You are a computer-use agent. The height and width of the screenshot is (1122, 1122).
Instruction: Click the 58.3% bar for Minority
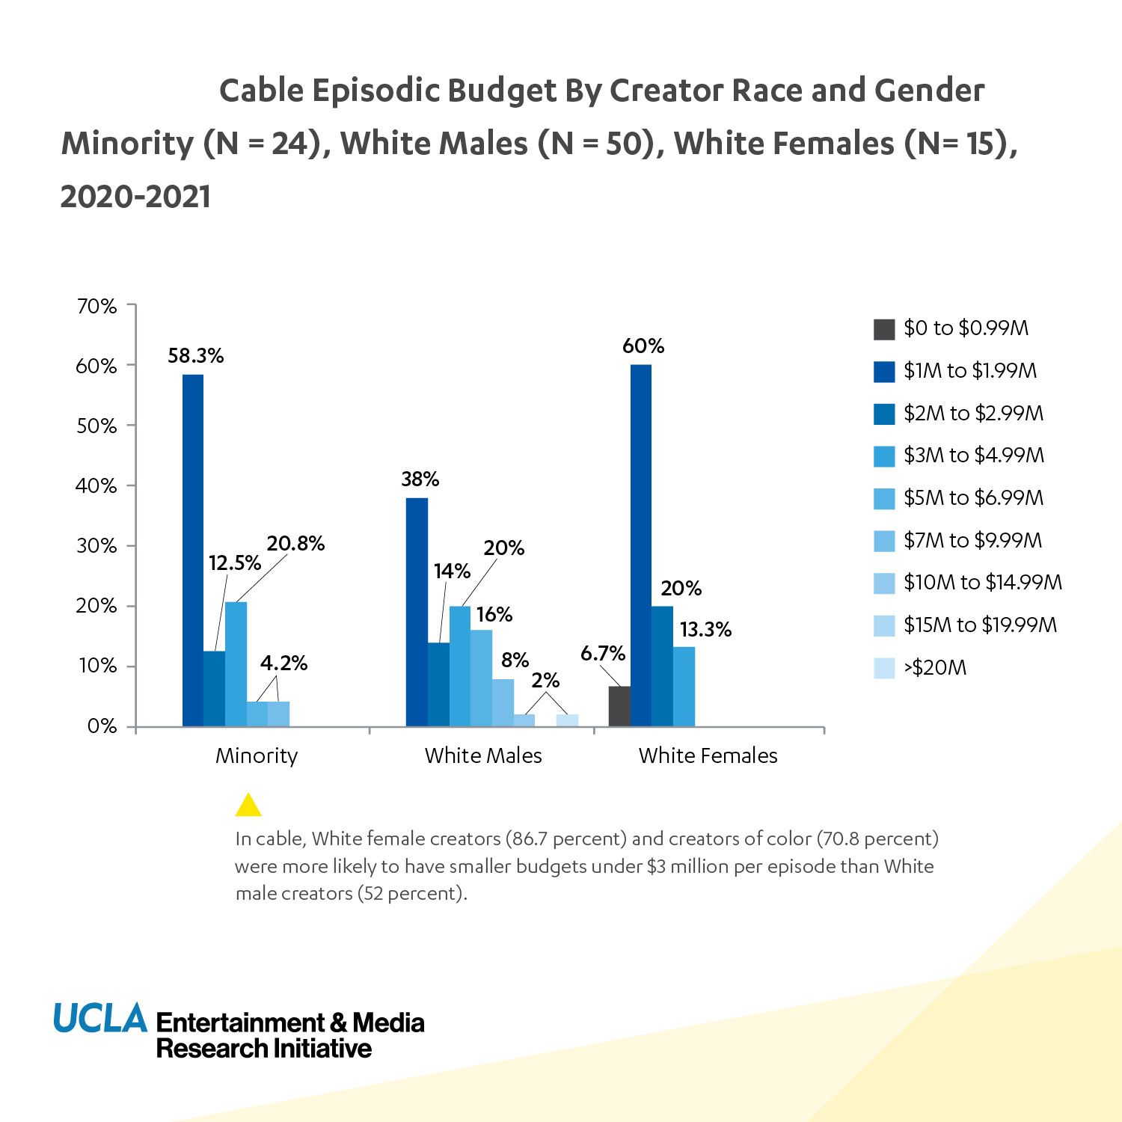point(193,550)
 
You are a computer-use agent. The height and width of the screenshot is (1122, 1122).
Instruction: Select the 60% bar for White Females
point(641,545)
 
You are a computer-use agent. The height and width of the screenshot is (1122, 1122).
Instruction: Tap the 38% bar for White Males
point(417,612)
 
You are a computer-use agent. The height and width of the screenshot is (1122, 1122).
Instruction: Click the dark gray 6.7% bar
point(619,706)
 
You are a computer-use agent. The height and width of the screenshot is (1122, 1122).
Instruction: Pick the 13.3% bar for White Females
point(684,687)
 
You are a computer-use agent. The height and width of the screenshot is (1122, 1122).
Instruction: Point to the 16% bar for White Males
point(482,678)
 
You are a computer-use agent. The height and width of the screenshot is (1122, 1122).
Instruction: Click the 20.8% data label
point(295,544)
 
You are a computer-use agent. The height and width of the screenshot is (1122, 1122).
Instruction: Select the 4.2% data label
point(283,663)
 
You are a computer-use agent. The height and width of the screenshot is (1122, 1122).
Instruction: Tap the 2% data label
point(545,681)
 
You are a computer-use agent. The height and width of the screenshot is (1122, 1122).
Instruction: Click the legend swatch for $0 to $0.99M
point(884,329)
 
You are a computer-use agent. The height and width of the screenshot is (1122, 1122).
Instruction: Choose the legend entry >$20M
point(934,668)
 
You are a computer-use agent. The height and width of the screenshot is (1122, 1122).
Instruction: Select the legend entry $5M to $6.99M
point(972,498)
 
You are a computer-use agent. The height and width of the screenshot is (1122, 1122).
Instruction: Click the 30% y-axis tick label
point(96,546)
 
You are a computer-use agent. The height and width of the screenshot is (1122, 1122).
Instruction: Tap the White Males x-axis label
point(483,755)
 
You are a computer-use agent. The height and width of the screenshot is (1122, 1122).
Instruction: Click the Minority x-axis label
point(257,755)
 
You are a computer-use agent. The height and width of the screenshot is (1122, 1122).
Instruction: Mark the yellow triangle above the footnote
point(248,806)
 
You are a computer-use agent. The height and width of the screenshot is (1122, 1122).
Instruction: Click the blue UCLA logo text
point(100,1018)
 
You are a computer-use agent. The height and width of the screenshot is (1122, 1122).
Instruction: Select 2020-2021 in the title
point(135,197)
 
